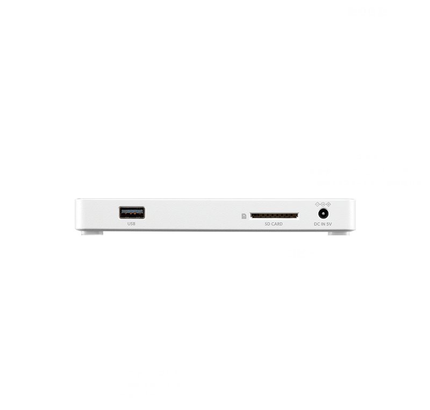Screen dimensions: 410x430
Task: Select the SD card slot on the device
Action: [274, 215]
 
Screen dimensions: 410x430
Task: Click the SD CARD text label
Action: [274, 224]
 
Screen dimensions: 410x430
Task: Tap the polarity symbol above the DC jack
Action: [322, 204]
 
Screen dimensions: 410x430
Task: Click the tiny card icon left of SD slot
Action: [245, 215]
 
